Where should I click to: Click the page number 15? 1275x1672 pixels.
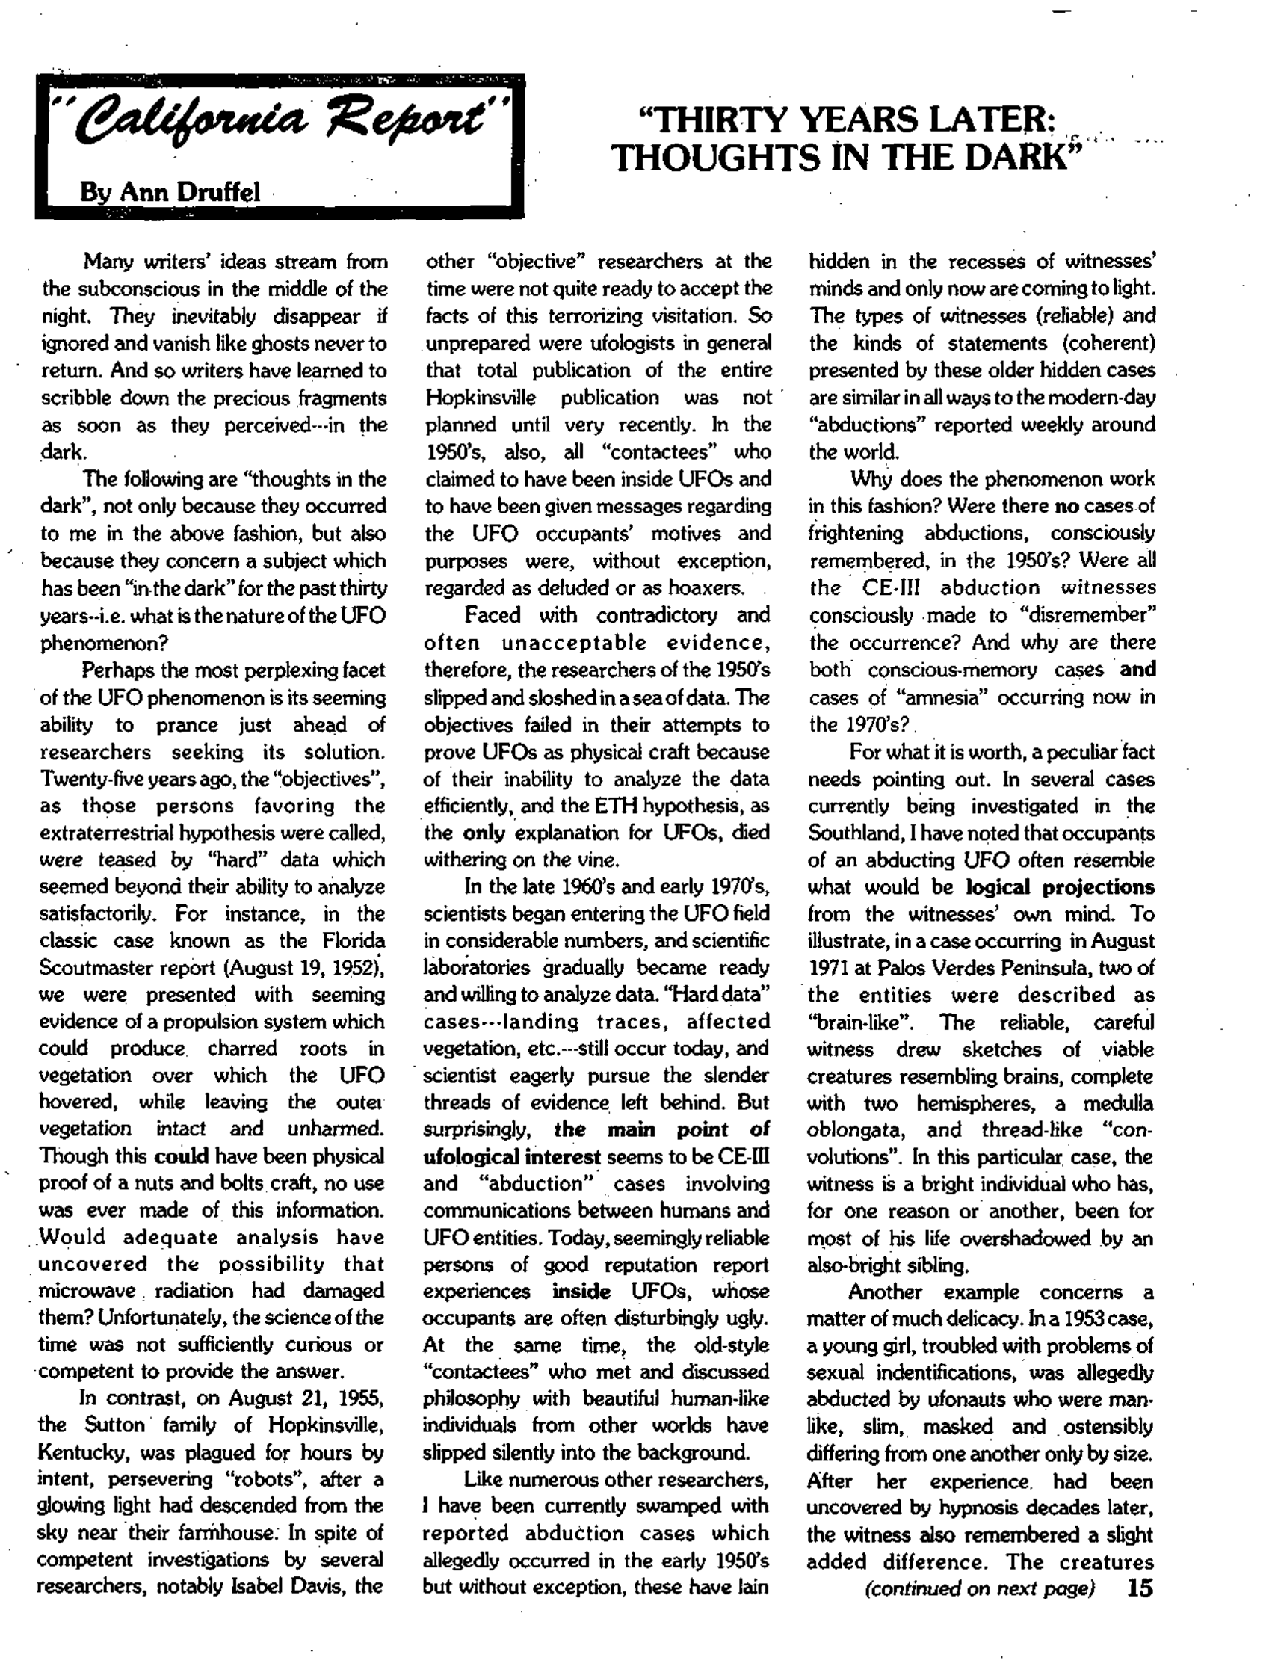tap(1140, 1588)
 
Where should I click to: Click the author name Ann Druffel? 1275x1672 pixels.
tap(169, 192)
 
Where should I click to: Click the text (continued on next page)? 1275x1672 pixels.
tap(980, 1588)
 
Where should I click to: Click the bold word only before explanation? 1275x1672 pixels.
tap(484, 833)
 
